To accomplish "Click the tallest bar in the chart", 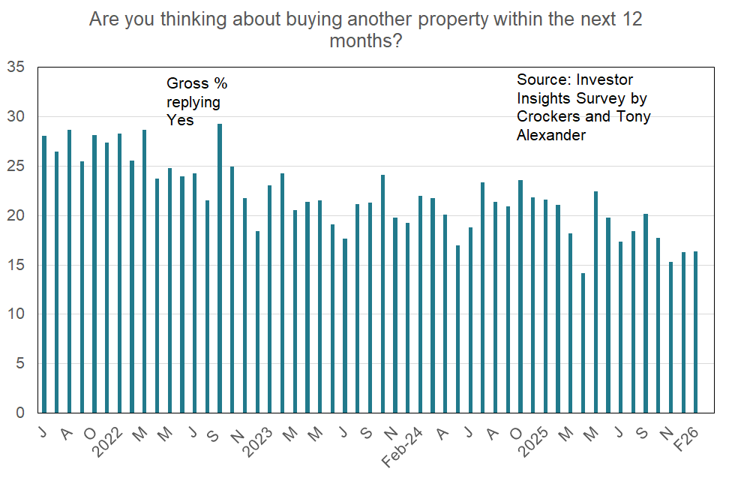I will point(220,268).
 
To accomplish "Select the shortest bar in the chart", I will point(583,342).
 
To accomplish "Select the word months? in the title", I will point(365,41).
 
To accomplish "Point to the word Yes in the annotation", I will point(180,120).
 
